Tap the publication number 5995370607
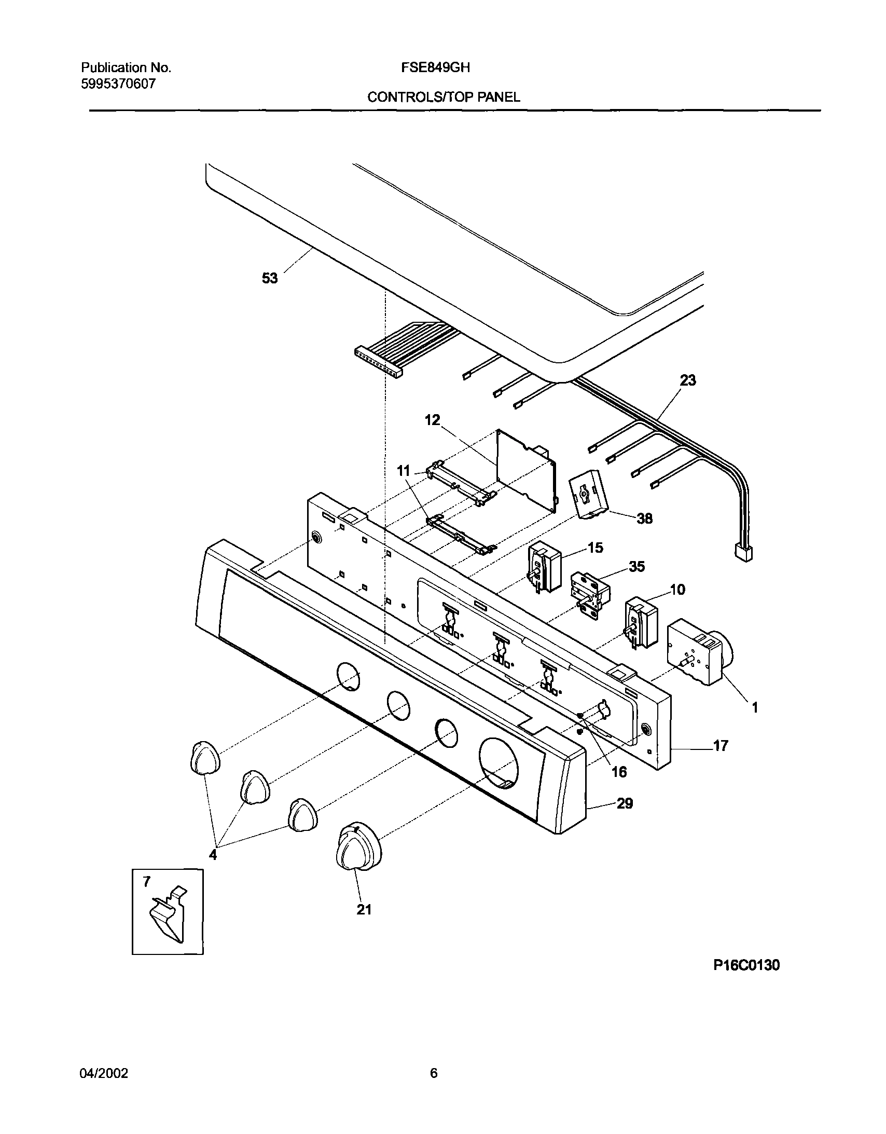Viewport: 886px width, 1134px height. pos(118,84)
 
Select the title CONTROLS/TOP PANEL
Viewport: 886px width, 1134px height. pos(444,98)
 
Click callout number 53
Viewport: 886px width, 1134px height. pos(269,279)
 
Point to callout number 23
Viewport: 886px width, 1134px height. pos(688,380)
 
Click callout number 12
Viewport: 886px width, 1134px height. pos(432,420)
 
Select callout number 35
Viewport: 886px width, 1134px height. pos(636,566)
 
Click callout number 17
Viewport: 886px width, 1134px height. pos(721,746)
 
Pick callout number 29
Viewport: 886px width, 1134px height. pos(625,804)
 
